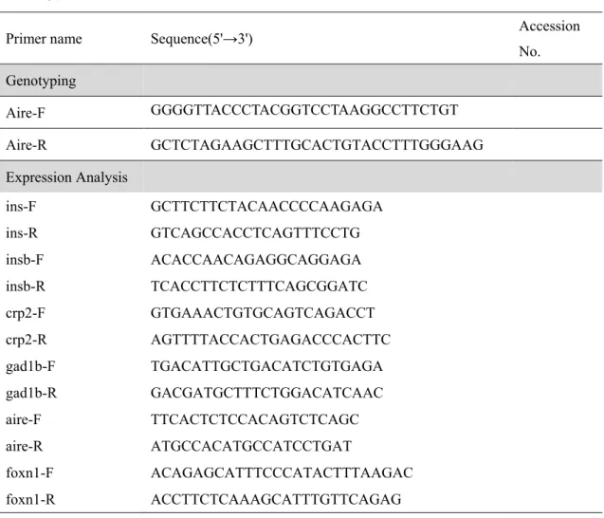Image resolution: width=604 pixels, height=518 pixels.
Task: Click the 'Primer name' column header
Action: click(x=44, y=39)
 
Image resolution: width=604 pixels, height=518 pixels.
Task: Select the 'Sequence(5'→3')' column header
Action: click(x=201, y=39)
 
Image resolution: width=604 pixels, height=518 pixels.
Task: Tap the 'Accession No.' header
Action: click(x=549, y=39)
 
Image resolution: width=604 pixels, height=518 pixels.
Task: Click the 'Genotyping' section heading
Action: click(x=41, y=81)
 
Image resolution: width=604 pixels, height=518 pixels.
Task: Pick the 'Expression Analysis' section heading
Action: click(x=66, y=177)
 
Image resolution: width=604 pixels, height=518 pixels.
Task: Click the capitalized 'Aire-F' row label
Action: click(x=26, y=113)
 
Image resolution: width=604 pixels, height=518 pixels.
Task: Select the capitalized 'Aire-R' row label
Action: click(x=27, y=145)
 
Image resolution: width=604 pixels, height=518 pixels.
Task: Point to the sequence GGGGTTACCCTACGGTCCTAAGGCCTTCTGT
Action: click(x=304, y=110)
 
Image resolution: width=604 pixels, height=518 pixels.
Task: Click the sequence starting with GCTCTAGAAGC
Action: click(x=317, y=145)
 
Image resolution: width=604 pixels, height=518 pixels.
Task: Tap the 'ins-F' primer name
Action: click(x=21, y=207)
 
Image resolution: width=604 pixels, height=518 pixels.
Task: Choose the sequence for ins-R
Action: click(x=255, y=232)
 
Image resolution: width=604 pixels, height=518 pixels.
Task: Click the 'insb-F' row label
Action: click(x=25, y=260)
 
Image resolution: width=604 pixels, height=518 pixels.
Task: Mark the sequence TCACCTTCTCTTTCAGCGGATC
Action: click(x=259, y=287)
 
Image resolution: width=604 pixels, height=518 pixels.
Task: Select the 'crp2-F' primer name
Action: click(x=26, y=313)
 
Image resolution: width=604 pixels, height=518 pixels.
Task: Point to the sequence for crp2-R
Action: click(x=271, y=340)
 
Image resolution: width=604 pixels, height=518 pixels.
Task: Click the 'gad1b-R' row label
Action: click(x=31, y=393)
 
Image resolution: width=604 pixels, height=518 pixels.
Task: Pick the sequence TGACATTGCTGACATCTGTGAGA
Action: click(x=266, y=366)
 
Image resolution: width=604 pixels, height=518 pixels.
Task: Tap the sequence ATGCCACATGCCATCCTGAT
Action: click(x=251, y=446)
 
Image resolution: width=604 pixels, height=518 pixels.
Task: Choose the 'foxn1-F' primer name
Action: click(x=29, y=472)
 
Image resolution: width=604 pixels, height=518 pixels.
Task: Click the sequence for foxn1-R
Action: click(x=276, y=499)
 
